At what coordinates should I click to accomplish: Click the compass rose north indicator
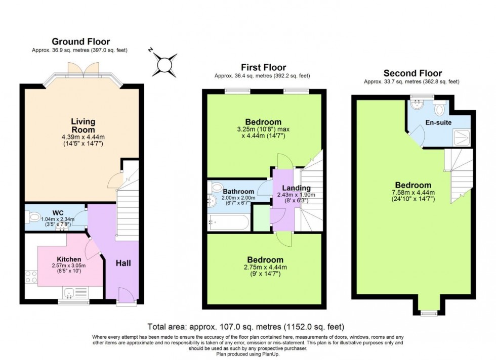164,65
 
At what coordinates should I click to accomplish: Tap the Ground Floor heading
81,41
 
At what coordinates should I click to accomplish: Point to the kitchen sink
70,292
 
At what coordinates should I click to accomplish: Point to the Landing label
296,188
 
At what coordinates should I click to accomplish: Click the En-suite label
438,122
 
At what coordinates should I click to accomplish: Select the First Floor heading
263,67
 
